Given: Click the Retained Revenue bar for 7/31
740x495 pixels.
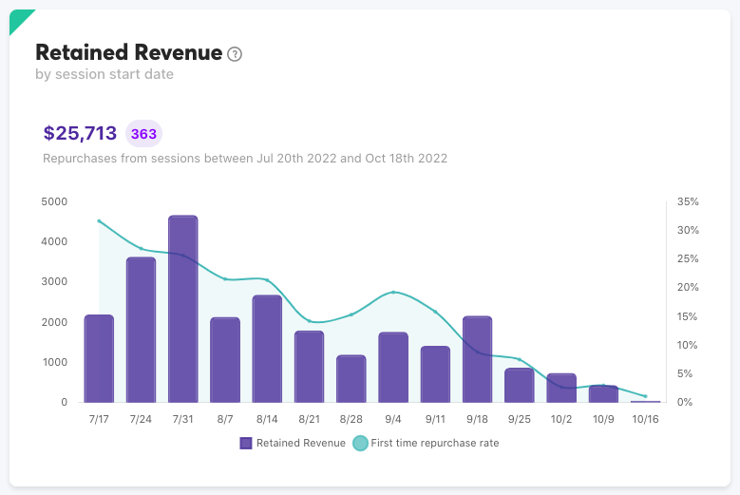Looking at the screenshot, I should [x=182, y=309].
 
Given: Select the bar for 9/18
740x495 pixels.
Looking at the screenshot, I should [x=477, y=359].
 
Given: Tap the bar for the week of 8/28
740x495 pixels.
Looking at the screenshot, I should [x=351, y=378].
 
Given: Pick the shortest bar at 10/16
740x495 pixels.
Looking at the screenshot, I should [x=645, y=401].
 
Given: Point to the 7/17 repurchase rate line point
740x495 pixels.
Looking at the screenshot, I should [x=99, y=220].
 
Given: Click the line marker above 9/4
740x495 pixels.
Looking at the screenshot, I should [x=393, y=293].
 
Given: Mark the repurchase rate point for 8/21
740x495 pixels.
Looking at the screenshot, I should [x=309, y=321].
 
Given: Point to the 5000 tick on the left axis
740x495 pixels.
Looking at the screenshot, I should [x=55, y=201].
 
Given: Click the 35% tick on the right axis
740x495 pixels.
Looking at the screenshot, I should [x=688, y=201].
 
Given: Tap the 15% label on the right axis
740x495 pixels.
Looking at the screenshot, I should [x=688, y=316].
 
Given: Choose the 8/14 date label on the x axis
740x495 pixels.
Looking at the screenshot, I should [x=267, y=419].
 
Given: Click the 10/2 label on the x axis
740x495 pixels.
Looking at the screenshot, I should [x=561, y=419].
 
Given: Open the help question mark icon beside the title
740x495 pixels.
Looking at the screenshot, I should [x=236, y=54].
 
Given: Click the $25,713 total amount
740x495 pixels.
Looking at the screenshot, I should [x=80, y=133].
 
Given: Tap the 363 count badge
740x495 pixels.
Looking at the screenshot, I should [x=144, y=134].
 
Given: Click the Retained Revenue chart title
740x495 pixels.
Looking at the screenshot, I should [x=128, y=52].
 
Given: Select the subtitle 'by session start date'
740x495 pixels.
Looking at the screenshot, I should [x=104, y=74].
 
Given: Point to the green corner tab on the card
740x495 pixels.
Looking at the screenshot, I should [x=18, y=18].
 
